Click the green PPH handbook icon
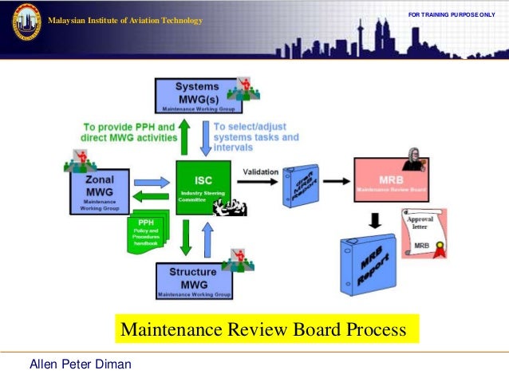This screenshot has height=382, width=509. (x=148, y=230)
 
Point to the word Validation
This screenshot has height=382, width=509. (x=260, y=171)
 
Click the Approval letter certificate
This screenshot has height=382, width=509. (x=423, y=233)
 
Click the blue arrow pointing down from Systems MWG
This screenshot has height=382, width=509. (x=206, y=137)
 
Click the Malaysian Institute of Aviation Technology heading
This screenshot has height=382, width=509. (x=125, y=20)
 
